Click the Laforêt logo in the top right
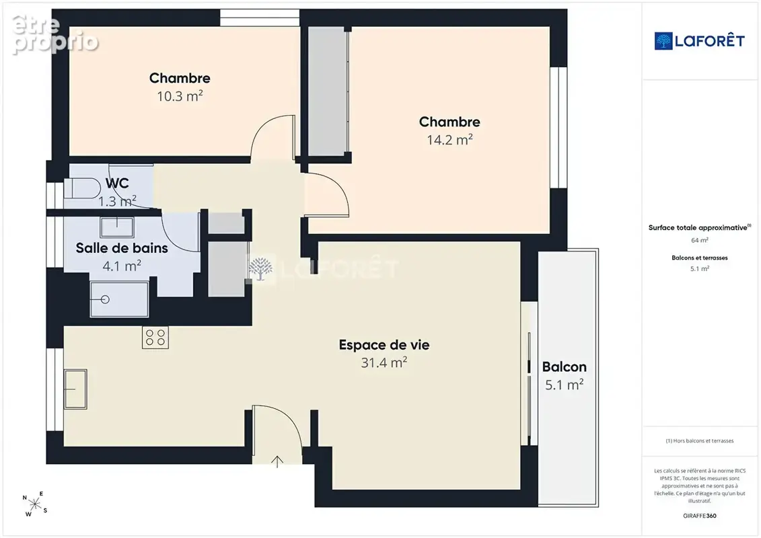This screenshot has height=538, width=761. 699,41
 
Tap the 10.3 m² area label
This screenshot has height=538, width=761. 180,96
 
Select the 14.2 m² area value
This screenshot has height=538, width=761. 449,140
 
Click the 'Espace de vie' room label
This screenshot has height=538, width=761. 384,345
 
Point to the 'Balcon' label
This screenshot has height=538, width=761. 565,367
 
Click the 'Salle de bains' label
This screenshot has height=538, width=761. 122,248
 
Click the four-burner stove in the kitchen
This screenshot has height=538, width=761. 155,337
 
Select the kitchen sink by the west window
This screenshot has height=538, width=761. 75,389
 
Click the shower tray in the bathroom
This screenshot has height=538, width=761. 119,299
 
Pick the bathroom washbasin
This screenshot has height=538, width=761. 117,227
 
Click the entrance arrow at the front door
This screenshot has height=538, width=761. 277,461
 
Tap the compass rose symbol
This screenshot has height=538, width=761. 35,504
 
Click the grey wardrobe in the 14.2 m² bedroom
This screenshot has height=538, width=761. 328,91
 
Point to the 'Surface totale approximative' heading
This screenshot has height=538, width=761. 699,227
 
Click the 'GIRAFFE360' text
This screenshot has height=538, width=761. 699,516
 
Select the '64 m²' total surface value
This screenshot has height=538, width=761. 699,240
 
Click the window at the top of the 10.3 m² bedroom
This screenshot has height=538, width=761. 260,18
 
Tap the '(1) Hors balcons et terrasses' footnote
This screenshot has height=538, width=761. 699,441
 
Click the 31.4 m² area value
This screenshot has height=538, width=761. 384,362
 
